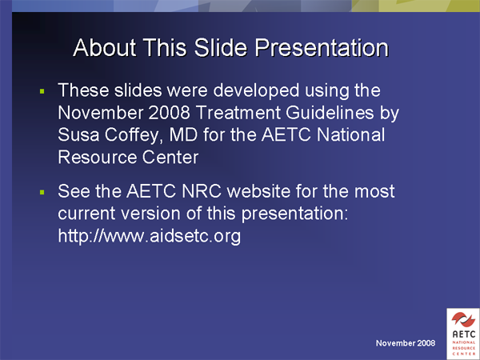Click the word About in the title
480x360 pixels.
coord(105,48)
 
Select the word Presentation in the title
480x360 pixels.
coord(322,48)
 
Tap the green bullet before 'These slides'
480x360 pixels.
coord(42,91)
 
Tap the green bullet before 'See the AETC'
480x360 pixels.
coord(42,192)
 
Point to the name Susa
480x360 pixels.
coord(78,135)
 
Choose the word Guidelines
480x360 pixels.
coord(330,113)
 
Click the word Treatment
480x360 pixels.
coord(238,113)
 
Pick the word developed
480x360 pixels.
coord(256,91)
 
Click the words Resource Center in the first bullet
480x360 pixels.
coord(128,158)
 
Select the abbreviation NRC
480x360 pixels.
coord(202,191)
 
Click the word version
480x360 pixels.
coord(153,214)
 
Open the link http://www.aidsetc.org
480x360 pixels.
coord(150,237)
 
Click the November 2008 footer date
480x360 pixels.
coord(406,343)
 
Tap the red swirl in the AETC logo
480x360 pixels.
coord(463,319)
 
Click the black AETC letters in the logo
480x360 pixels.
coord(464,334)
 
